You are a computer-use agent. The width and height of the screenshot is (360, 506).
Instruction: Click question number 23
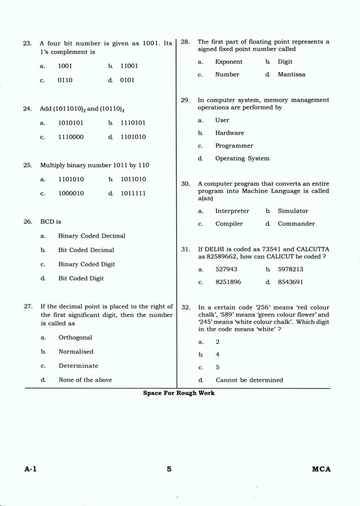pyautogui.click(x=27, y=43)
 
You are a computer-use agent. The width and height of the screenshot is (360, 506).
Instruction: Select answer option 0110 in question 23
pyautogui.click(x=65, y=80)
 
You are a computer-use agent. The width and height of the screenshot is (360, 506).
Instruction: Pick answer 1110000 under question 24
pyautogui.click(x=71, y=137)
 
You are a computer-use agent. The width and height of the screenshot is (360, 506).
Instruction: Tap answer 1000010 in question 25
pyautogui.click(x=71, y=193)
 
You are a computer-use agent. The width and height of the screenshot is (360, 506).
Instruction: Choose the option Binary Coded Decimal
pyautogui.click(x=91, y=236)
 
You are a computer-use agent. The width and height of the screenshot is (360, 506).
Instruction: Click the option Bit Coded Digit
pyautogui.click(x=81, y=278)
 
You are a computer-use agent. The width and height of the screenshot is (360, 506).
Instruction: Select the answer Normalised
pyautogui.click(x=76, y=351)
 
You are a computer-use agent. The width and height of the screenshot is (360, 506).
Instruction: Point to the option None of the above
pyautogui.click(x=85, y=380)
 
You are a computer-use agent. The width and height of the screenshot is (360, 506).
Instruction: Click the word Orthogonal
pyautogui.click(x=75, y=337)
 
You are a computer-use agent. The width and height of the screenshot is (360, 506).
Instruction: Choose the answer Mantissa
pyautogui.click(x=291, y=74)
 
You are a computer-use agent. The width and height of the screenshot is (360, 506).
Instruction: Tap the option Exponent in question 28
pyautogui.click(x=229, y=61)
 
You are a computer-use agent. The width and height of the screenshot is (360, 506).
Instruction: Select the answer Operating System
pyautogui.click(x=242, y=159)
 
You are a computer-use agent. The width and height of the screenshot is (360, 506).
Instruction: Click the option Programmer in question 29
pyautogui.click(x=234, y=146)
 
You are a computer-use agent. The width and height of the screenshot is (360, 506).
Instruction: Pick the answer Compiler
pyautogui.click(x=229, y=223)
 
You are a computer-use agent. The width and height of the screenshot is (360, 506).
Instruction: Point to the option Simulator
pyautogui.click(x=292, y=210)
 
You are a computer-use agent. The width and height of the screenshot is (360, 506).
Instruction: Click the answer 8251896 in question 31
pyautogui.click(x=228, y=281)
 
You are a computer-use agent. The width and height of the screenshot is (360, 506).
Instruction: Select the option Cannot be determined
pyautogui.click(x=249, y=380)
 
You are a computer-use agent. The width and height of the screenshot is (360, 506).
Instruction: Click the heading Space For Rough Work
pyautogui.click(x=178, y=393)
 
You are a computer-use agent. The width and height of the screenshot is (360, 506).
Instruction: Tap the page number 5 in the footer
pyautogui.click(x=169, y=469)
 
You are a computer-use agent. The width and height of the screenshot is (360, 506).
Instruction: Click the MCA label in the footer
pyautogui.click(x=321, y=469)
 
